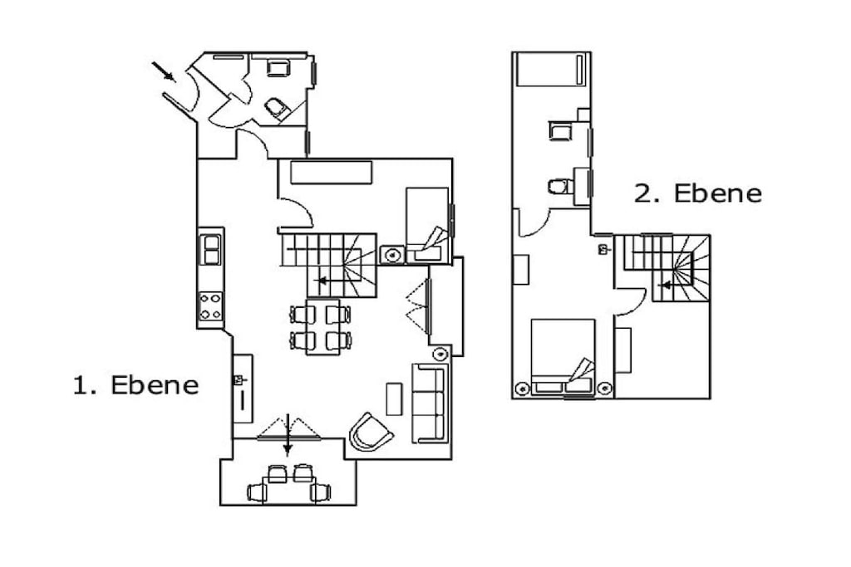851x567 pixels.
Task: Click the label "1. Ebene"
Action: tap(136, 385)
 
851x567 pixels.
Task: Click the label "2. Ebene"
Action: tap(698, 193)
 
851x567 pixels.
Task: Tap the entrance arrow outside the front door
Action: tap(164, 71)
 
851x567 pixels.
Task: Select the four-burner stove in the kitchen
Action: tap(210, 307)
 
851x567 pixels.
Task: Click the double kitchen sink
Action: tap(210, 249)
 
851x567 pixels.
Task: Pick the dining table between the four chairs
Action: tap(323, 327)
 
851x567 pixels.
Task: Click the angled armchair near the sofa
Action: tap(371, 432)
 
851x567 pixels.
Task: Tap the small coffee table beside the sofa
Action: tap(394, 399)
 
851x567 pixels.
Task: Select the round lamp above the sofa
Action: tap(440, 354)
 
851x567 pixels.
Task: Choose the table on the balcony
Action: tap(288, 491)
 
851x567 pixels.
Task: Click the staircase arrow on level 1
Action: tap(324, 281)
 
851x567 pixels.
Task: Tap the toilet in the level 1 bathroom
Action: tap(277, 109)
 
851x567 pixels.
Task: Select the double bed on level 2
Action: tap(563, 357)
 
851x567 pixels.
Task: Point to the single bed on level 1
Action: tap(428, 226)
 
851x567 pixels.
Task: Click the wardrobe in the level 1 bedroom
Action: tap(331, 173)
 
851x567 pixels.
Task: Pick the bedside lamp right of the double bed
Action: tap(605, 389)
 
